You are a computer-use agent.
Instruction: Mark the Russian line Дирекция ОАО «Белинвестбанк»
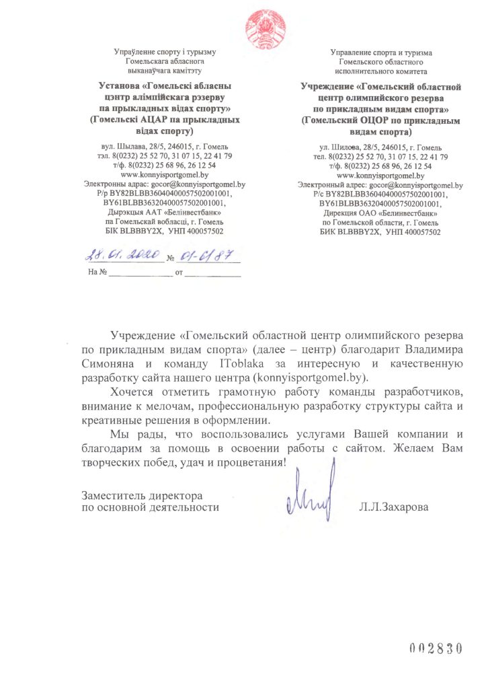pos(380,211)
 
